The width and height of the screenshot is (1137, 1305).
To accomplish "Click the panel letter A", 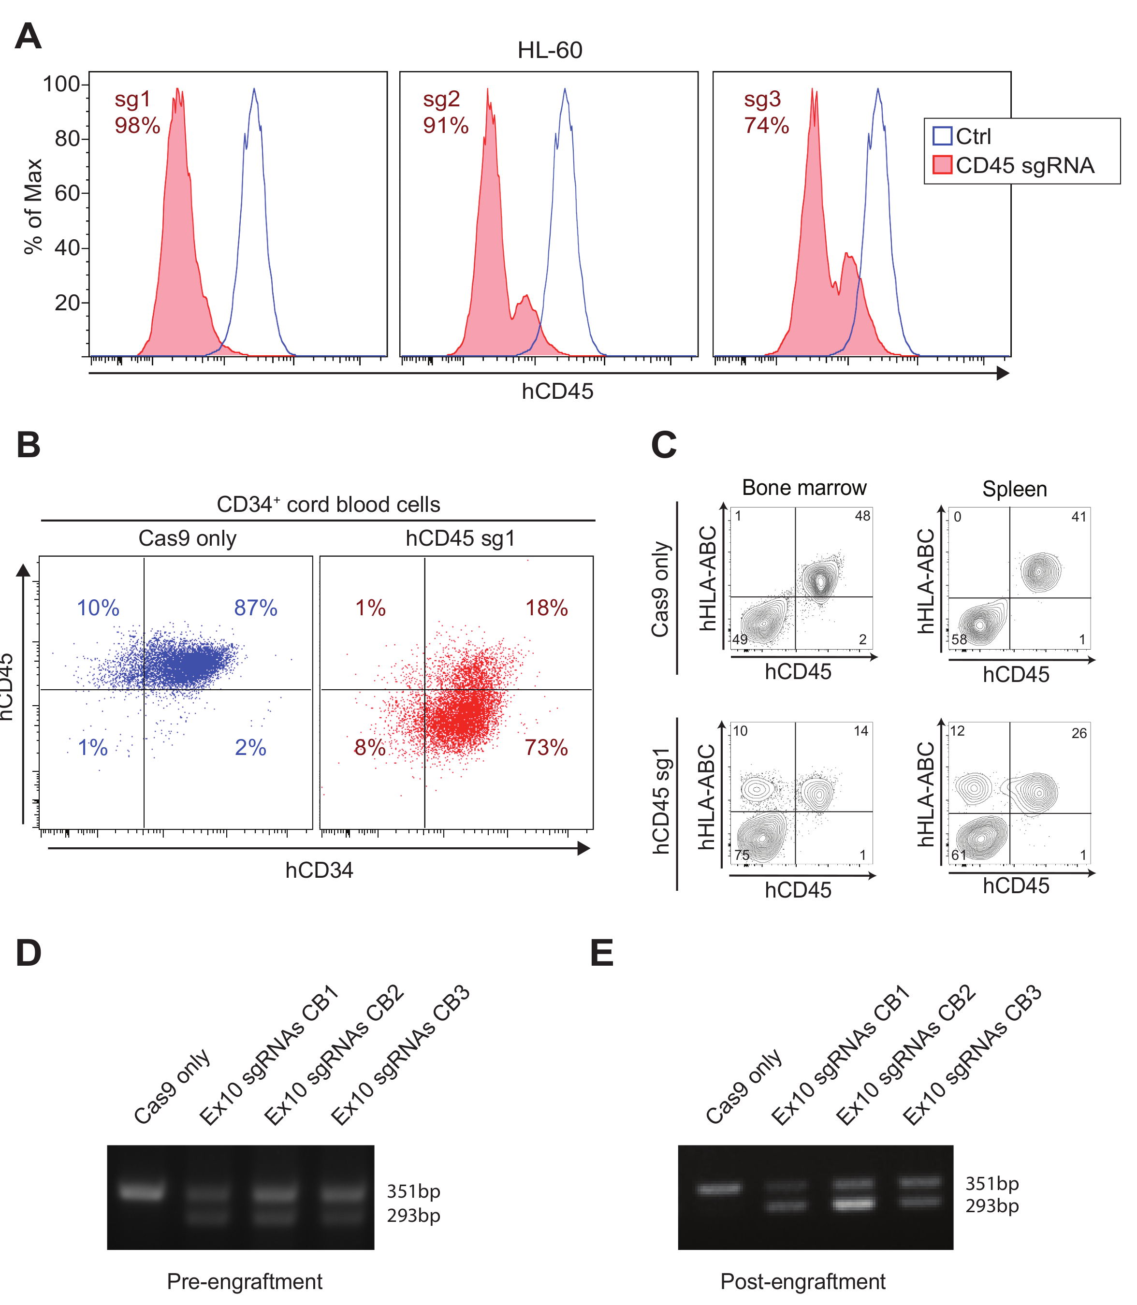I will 29,36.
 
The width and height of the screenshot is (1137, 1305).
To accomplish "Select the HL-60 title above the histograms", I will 550,50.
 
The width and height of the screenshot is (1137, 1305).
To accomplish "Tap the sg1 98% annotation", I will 137,112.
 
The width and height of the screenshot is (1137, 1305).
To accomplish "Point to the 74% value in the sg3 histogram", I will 767,126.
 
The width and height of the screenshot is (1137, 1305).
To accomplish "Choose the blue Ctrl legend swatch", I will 942,136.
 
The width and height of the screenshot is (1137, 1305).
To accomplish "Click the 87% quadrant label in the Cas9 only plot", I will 256,608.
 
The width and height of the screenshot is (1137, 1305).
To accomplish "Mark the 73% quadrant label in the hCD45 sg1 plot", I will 546,747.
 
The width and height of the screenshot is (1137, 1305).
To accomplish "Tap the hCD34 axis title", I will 319,870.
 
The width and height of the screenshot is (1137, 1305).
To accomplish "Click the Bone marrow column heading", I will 804,488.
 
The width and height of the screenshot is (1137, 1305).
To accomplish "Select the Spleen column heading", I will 1015,489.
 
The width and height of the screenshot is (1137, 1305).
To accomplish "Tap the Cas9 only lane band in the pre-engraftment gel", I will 142,1192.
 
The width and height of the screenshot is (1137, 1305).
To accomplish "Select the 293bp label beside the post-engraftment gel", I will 991,1205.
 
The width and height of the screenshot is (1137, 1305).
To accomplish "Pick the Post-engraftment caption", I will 802,1281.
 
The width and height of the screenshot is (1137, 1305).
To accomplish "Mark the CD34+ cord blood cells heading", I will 328,505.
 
